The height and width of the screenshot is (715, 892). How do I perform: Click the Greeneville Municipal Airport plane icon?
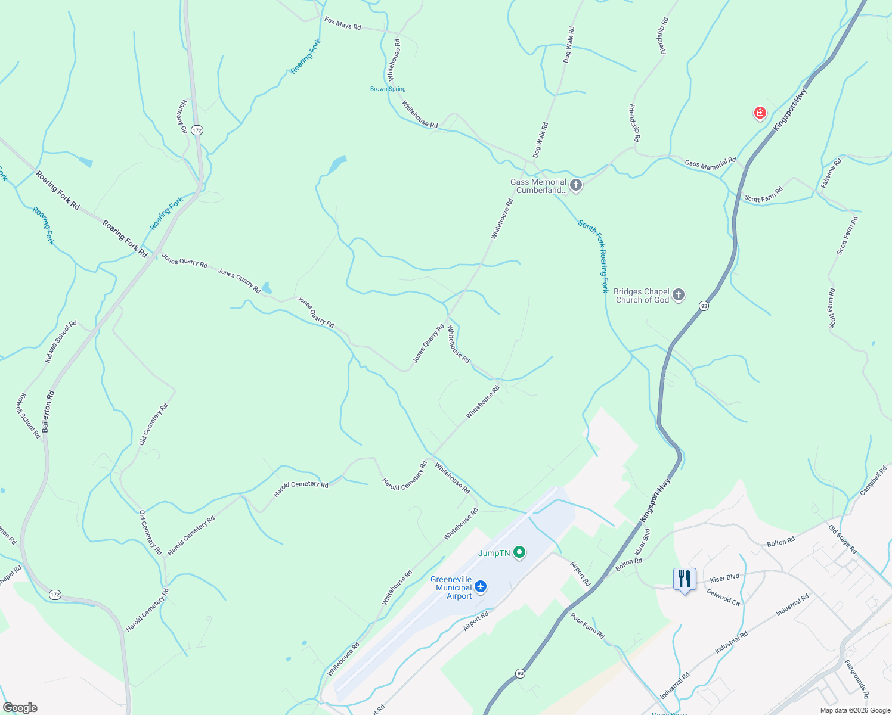tap(481, 587)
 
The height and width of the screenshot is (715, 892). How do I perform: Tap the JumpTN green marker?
tap(519, 553)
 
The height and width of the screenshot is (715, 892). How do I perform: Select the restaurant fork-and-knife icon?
tap(684, 579)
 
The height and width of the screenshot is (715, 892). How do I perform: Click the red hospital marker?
tap(760, 113)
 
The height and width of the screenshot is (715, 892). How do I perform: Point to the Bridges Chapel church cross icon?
tap(679, 295)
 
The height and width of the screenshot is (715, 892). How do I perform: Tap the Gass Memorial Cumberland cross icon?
tap(575, 185)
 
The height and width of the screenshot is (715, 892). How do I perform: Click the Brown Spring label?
tap(388, 89)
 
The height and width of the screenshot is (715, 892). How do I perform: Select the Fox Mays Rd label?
tap(342, 24)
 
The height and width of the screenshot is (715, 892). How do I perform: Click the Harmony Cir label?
tap(182, 117)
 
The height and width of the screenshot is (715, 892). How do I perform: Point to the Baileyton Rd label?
tap(48, 411)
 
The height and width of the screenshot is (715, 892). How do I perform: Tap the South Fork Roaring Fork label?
tap(594, 256)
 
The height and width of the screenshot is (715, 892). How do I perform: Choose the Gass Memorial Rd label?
tap(710, 163)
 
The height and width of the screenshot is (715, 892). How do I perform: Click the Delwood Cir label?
tap(723, 597)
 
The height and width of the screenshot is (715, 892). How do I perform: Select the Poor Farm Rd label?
tap(587, 626)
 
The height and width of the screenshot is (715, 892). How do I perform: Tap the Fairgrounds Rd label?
tap(857, 679)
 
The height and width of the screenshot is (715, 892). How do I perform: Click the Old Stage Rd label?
tap(843, 539)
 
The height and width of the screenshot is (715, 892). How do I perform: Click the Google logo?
tap(20, 708)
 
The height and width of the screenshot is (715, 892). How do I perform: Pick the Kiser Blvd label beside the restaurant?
tap(724, 578)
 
